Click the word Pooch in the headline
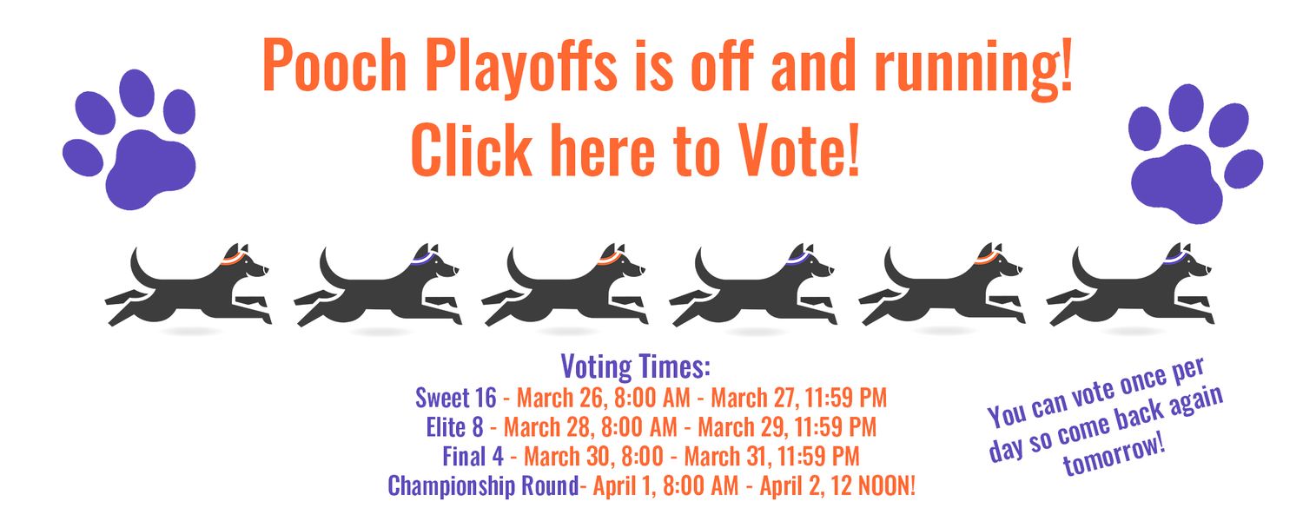(334, 65)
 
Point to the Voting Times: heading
(635, 367)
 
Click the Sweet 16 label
(455, 398)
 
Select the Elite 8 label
(454, 427)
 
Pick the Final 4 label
(473, 456)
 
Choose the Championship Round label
(483, 486)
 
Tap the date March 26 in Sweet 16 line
(562, 399)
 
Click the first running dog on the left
(188, 285)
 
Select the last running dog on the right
(1129, 285)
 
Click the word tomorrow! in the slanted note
(1114, 454)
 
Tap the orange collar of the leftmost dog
(234, 258)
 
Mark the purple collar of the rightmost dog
(1176, 258)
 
